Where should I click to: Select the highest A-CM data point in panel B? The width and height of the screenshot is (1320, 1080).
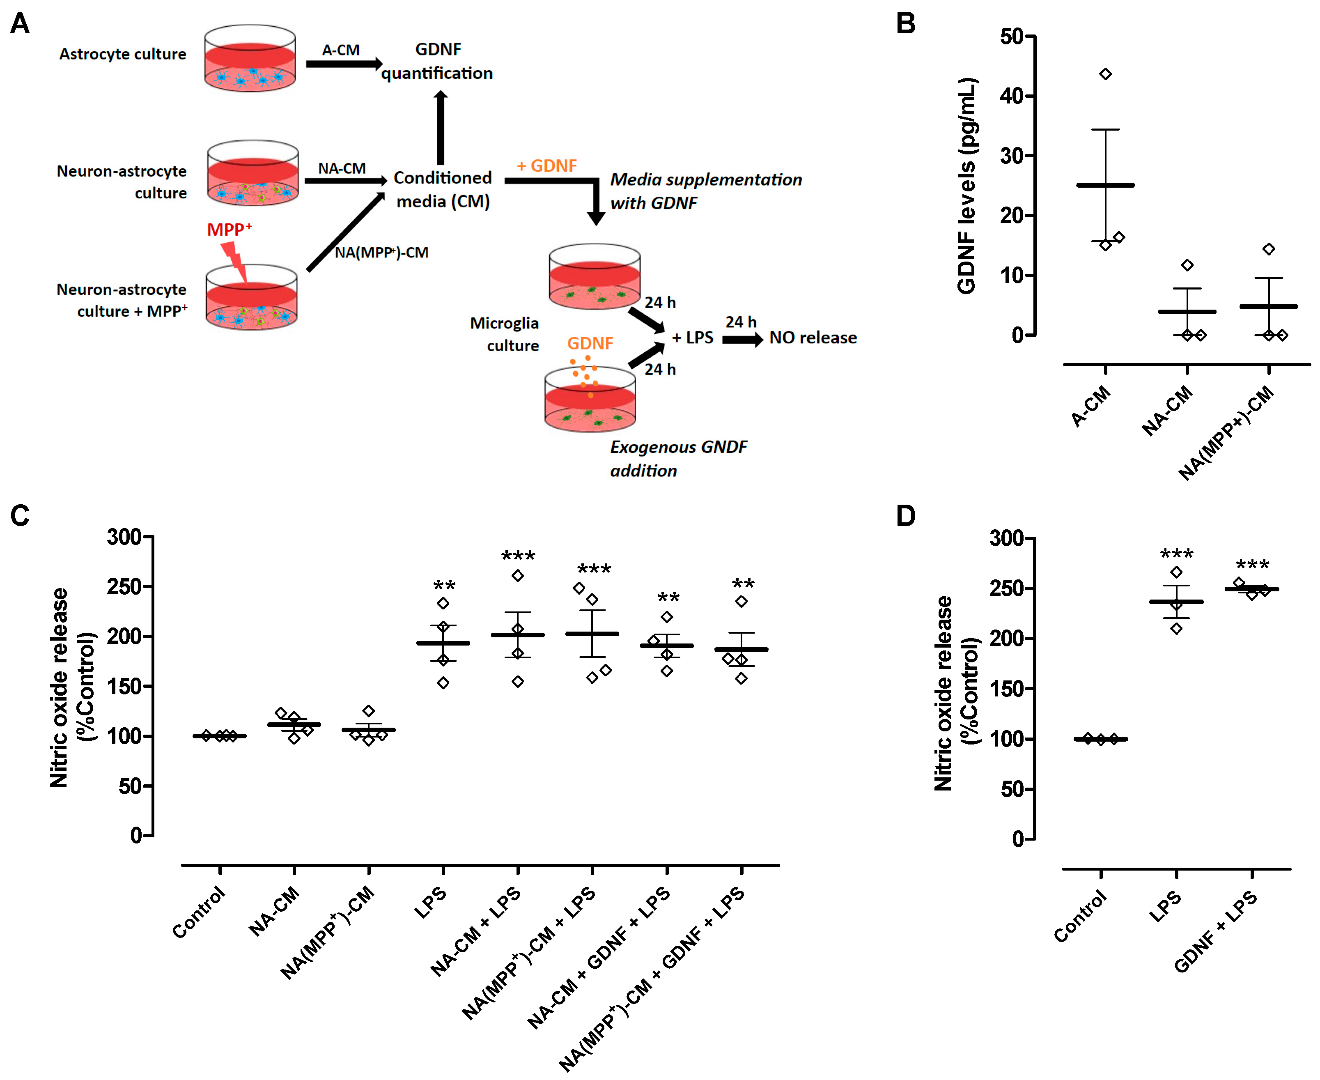point(1105,74)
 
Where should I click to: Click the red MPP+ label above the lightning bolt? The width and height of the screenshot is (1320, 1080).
point(229,230)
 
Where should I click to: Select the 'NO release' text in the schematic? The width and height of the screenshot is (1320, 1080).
point(813,338)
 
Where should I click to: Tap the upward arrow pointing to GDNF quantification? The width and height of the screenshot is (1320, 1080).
point(441,128)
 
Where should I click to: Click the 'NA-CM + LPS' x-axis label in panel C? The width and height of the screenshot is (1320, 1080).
point(476,931)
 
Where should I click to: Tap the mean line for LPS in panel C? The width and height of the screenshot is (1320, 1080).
point(443,643)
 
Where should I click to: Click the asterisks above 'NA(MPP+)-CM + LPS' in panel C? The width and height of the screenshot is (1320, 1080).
point(594,569)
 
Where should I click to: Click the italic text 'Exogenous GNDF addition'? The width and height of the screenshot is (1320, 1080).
point(678,459)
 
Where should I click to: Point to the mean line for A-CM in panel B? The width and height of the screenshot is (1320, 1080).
point(1105,185)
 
